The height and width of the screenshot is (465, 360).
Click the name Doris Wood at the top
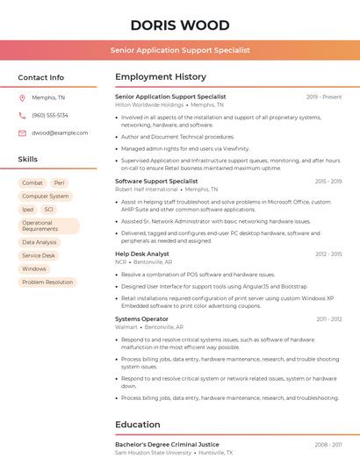(180, 25)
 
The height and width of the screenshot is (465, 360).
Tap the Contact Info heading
(41, 77)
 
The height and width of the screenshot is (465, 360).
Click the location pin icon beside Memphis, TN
(22, 97)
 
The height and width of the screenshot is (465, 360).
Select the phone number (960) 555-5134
(50, 115)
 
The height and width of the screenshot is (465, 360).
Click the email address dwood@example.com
(60, 132)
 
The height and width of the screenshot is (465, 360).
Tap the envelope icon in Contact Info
(22, 132)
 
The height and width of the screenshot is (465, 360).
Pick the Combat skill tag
(32, 182)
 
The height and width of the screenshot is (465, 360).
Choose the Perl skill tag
(60, 182)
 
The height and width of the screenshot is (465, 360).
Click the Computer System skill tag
(46, 197)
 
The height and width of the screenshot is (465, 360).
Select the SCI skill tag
(49, 210)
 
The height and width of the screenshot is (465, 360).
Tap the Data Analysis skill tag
(40, 242)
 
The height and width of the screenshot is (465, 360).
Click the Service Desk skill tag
(39, 255)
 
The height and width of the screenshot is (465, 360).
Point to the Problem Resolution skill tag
(47, 283)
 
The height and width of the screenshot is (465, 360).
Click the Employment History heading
(161, 77)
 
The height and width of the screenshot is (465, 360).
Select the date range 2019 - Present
(324, 97)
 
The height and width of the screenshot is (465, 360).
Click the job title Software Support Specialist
(156, 181)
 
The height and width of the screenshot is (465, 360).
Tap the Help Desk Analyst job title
(142, 254)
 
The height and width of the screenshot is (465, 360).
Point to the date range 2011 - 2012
(329, 318)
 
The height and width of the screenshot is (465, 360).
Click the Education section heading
(138, 425)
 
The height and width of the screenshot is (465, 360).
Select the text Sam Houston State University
(153, 453)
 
